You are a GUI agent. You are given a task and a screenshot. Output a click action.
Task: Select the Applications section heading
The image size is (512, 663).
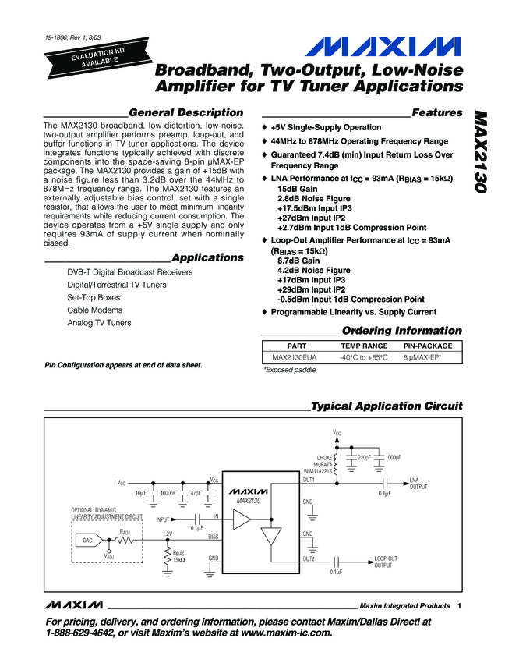207,257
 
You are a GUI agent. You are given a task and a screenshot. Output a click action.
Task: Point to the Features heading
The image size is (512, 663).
436,112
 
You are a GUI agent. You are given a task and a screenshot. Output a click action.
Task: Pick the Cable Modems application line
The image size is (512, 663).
89,310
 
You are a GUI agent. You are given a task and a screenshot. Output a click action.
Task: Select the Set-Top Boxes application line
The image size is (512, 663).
94,297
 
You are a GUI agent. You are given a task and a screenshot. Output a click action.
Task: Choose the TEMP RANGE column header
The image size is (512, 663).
364,345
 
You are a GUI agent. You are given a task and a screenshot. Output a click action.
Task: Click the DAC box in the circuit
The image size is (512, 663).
87,540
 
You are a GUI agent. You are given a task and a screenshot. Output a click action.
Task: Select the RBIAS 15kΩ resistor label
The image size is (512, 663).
179,556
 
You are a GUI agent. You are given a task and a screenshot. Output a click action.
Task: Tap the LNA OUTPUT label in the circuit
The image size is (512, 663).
419,484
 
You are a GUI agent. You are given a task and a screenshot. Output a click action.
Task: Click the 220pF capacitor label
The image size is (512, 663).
364,456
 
